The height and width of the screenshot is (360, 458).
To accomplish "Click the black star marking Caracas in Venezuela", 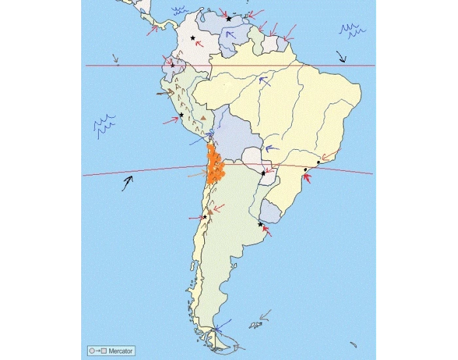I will click(x=228, y=19).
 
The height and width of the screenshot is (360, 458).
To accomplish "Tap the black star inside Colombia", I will click(x=192, y=38).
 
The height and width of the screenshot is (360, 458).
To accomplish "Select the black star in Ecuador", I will click(x=172, y=65).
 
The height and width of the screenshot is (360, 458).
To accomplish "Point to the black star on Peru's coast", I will click(x=181, y=115).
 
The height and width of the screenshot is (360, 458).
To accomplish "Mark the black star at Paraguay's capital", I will click(x=263, y=173).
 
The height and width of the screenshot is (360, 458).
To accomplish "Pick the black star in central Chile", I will click(x=205, y=217).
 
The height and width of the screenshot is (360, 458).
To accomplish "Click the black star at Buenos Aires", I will click(x=260, y=225).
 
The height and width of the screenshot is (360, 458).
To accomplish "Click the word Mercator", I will click(x=121, y=351).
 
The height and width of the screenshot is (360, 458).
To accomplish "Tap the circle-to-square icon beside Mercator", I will click(x=97, y=351).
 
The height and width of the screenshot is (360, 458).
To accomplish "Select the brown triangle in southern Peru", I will click(x=203, y=118).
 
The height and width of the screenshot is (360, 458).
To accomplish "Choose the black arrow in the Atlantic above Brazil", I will click(x=341, y=56).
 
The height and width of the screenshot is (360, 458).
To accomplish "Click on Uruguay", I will click(x=269, y=211).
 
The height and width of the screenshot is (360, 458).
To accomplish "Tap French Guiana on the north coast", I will click(x=283, y=43).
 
